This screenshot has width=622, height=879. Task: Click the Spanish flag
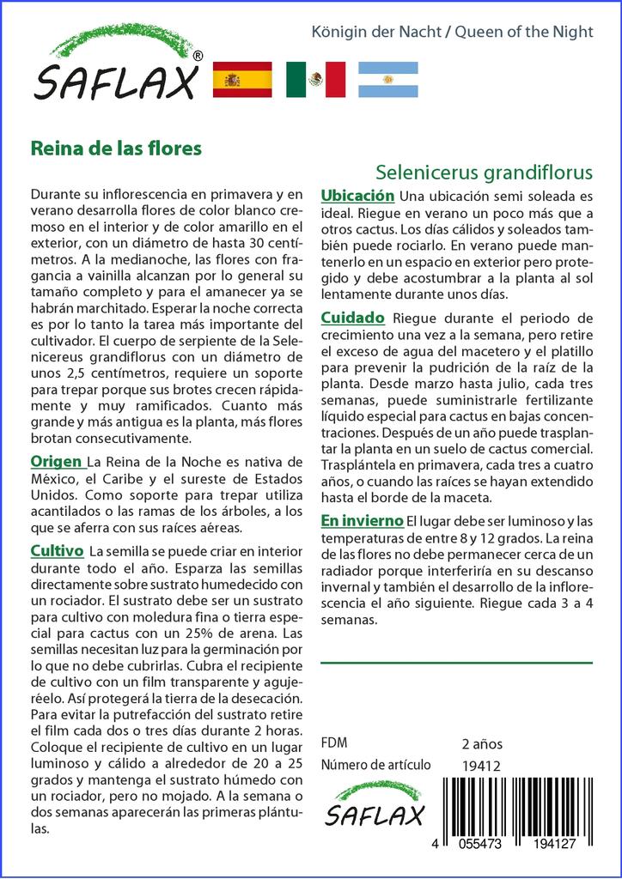[241, 79]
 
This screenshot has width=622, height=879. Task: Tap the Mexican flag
[315, 79]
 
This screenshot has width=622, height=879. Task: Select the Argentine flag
[388, 79]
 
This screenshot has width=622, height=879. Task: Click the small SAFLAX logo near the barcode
[375, 805]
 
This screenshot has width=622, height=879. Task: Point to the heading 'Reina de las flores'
[116, 148]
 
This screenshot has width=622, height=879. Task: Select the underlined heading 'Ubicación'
[357, 196]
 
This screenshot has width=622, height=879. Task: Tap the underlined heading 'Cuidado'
[352, 318]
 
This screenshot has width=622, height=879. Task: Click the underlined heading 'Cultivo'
[57, 550]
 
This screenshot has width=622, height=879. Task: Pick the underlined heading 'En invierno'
[362, 521]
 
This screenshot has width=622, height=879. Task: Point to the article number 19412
[481, 766]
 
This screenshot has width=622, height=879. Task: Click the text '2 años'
[482, 743]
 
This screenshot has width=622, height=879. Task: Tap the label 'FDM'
[334, 743]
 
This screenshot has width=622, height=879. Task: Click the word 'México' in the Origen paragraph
[54, 479]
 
